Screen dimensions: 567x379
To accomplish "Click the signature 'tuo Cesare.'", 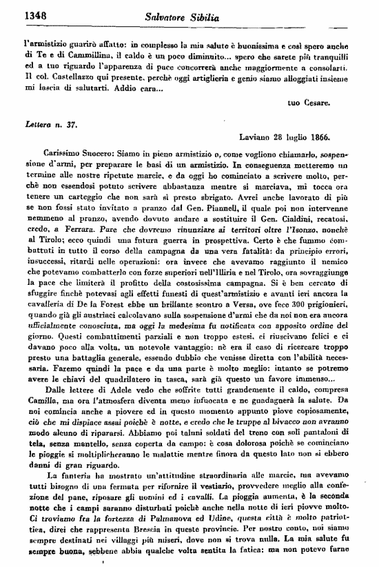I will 310,103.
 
